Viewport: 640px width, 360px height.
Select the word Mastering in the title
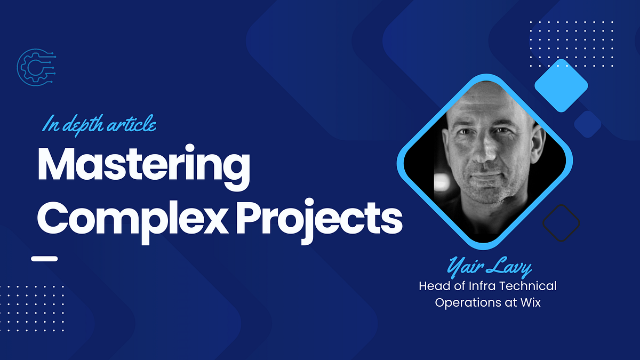coord(143,166)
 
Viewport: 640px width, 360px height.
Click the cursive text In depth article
coord(99,125)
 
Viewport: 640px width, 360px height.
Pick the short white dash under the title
coord(44,259)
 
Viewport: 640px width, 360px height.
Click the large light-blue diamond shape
coord(561,85)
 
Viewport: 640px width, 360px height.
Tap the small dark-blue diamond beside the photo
coord(588,124)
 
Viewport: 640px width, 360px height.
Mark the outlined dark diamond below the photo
coord(561,222)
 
